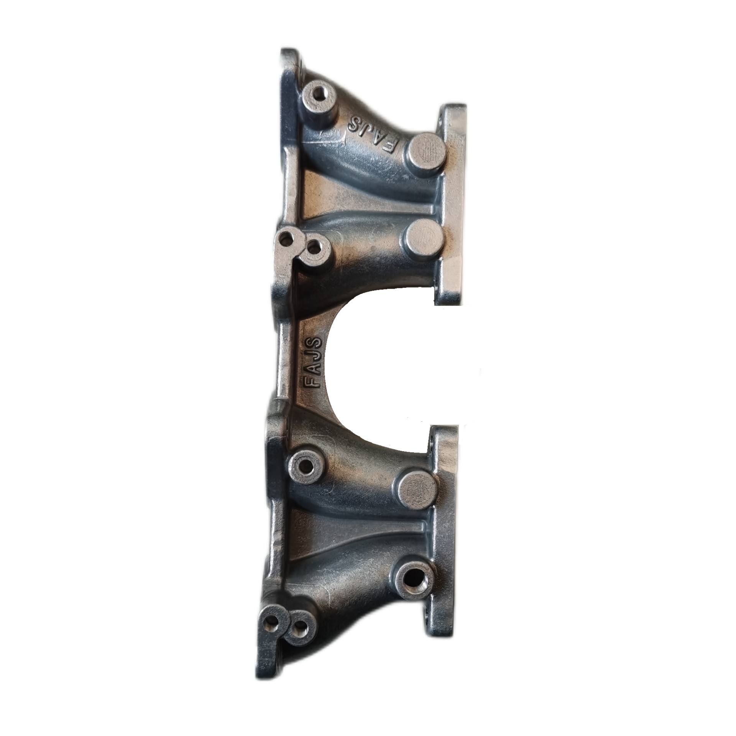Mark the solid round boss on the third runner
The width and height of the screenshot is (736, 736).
pos(417,490)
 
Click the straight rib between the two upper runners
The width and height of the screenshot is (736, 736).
pos(368,207)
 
